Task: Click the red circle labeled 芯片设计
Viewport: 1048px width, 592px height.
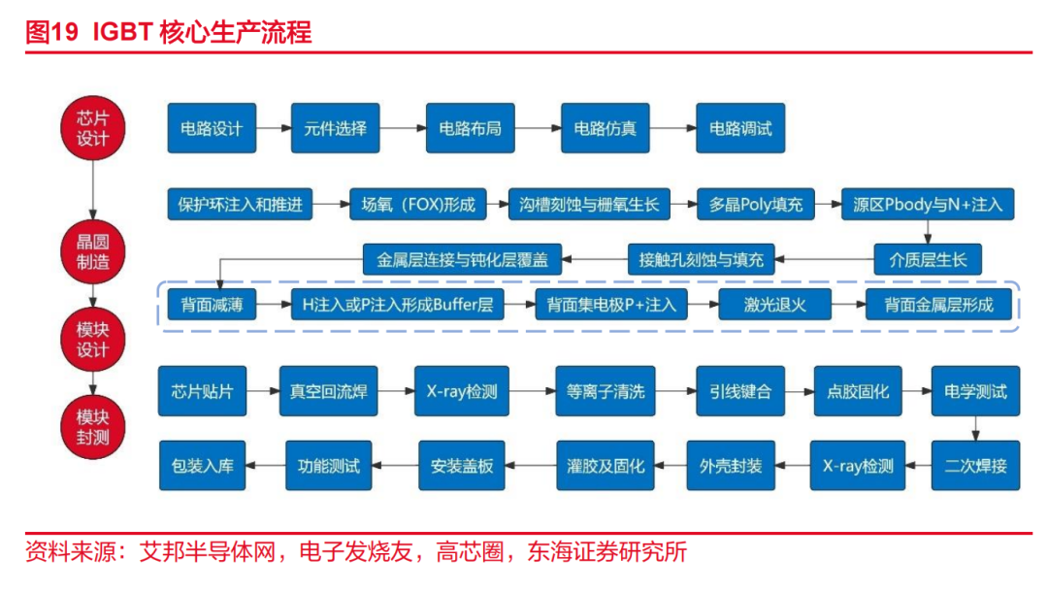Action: click(92, 127)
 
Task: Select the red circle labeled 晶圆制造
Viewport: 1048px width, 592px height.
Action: click(92, 250)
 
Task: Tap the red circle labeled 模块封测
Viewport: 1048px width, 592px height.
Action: click(92, 427)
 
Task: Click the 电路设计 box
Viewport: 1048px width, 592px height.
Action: click(212, 128)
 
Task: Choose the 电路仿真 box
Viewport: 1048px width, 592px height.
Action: click(606, 128)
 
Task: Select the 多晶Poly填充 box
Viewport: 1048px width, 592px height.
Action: click(756, 205)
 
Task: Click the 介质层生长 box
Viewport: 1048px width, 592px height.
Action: click(928, 259)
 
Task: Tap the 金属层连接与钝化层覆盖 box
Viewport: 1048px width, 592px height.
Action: click(462, 259)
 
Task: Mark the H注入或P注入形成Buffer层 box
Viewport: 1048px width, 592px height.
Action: click(397, 305)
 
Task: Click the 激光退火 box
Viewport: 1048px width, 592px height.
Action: click(775, 305)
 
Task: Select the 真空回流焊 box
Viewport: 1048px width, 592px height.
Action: click(329, 392)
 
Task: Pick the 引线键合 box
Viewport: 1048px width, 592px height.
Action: click(740, 392)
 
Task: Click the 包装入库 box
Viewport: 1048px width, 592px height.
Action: click(203, 465)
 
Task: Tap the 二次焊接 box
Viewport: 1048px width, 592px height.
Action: click(974, 465)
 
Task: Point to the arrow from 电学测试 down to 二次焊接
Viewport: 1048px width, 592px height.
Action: click(974, 429)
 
